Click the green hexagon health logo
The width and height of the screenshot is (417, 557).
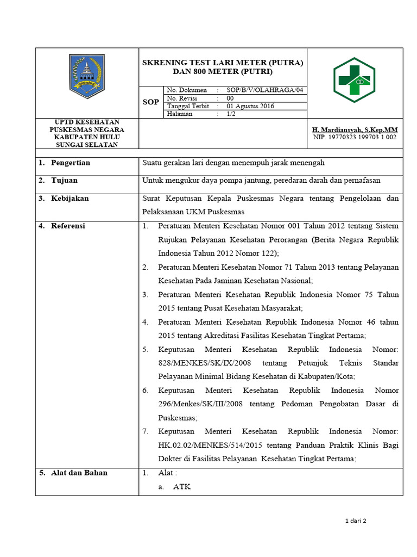(353, 79)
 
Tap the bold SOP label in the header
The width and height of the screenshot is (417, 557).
(150, 102)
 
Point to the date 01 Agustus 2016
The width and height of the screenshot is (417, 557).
(250, 106)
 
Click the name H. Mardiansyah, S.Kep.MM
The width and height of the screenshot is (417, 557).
(355, 129)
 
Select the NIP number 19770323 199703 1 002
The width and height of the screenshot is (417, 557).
(355, 137)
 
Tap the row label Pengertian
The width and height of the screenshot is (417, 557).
(70, 163)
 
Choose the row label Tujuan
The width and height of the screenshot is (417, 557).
(64, 180)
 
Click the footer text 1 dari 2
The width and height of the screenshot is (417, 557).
(356, 521)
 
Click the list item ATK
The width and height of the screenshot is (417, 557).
(181, 487)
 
